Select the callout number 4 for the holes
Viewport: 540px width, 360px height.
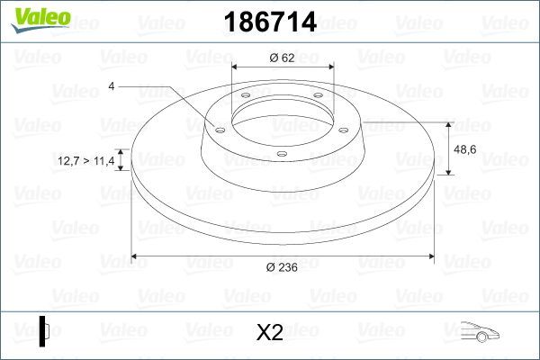point(111,85)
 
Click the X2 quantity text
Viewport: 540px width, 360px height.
point(269,333)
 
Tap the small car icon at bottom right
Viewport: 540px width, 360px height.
point(478,332)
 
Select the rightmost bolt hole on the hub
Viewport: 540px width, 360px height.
point(345,127)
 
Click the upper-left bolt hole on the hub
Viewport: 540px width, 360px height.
point(245,98)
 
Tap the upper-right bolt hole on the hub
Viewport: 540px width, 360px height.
point(317,97)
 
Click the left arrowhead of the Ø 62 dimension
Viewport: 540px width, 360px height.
point(235,67)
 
